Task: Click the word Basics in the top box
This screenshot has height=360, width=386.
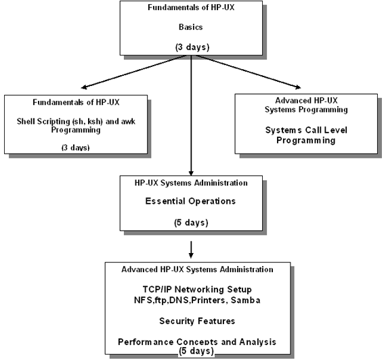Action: (190, 27)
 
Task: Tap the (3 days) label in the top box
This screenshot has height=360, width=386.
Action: (192, 47)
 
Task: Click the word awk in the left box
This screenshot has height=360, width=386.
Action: (128, 121)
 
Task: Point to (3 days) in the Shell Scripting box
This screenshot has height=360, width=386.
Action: (75, 147)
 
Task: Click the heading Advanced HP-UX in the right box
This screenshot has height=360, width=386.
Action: (306, 100)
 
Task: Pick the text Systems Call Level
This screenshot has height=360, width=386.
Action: (306, 130)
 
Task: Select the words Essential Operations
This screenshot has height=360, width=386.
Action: (190, 201)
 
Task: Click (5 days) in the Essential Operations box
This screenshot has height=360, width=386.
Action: (191, 223)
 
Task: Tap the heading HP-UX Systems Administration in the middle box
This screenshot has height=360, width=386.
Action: (191, 183)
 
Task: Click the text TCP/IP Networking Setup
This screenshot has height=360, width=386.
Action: (197, 290)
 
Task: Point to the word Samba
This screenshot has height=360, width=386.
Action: (245, 300)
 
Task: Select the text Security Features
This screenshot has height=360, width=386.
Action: (197, 321)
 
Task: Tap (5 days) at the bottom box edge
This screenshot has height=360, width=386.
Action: (196, 351)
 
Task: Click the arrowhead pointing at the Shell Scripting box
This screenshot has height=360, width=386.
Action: (84, 87)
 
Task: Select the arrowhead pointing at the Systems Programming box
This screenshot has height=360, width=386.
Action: (298, 87)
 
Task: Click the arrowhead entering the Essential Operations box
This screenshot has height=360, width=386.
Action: (191, 173)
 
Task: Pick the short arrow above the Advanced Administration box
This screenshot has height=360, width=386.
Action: (191, 250)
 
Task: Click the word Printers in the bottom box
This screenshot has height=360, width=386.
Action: (209, 300)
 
